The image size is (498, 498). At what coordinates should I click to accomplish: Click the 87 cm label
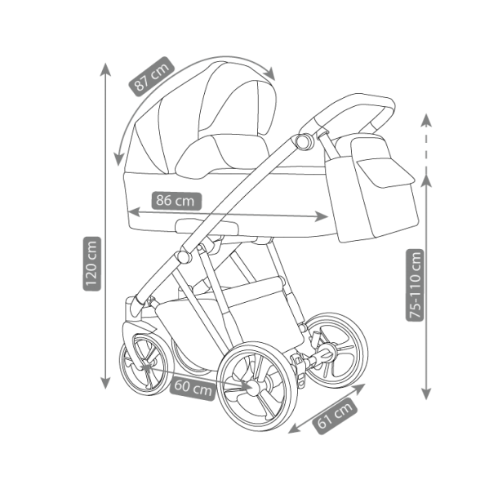point(151,78)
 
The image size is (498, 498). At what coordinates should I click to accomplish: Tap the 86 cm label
point(176,200)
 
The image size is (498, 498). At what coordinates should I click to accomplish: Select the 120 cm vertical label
point(91,263)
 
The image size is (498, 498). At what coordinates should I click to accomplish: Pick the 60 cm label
point(193,388)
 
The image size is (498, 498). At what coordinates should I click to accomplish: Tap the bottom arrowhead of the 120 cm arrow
point(105,382)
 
